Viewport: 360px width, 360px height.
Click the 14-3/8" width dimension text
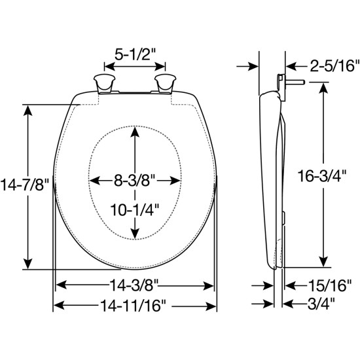(134, 286)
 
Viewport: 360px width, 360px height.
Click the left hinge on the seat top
(103, 84)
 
